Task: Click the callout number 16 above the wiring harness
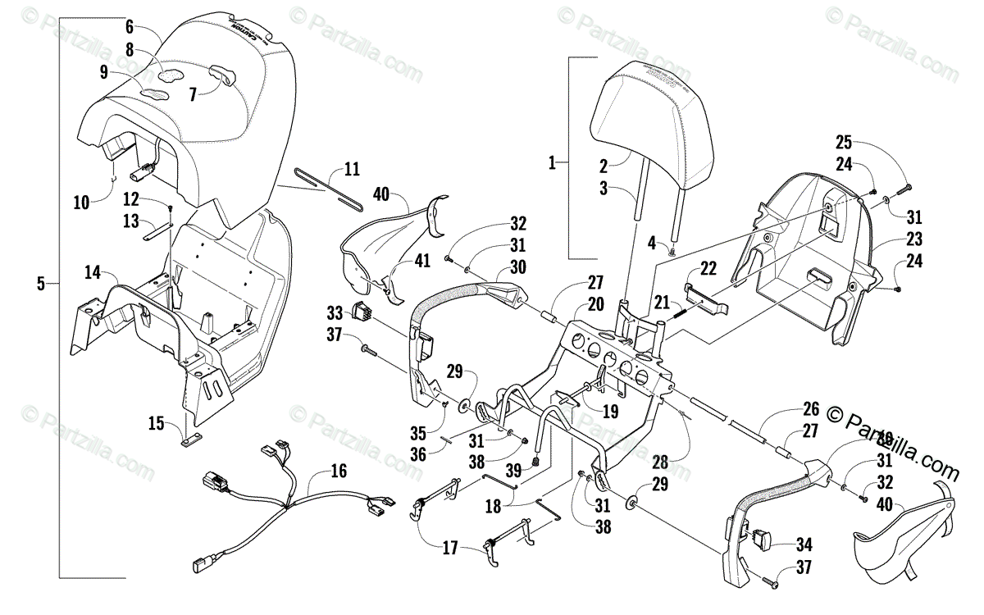339,471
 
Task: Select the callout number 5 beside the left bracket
41,284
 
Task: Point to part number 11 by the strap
352,171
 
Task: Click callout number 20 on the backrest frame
595,305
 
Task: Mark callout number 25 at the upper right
845,140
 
